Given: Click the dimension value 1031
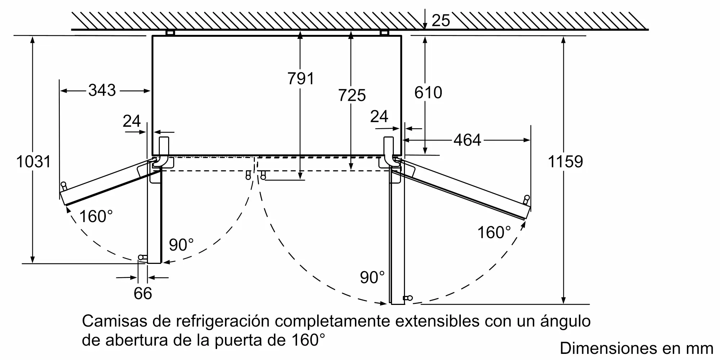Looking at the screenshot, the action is (x=33, y=162).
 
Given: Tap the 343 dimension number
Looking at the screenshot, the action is (x=102, y=90).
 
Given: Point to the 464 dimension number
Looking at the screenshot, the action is (x=467, y=140).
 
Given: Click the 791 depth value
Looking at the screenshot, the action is (x=301, y=78).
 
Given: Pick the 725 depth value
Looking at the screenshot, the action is (x=352, y=95).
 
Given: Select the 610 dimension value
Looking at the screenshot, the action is (x=428, y=93).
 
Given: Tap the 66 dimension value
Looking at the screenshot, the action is (x=143, y=293).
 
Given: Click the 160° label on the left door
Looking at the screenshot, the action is (x=96, y=216).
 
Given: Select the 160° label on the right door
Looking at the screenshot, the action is (x=494, y=232).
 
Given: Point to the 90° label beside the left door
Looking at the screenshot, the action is (x=181, y=245).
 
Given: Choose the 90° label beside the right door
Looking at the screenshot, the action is (x=372, y=277).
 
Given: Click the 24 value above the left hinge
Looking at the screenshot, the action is (x=131, y=121).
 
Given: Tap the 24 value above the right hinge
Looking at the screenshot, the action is (x=379, y=116).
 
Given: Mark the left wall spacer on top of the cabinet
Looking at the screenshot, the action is (x=170, y=33).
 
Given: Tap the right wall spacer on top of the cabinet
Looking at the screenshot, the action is (x=384, y=33).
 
